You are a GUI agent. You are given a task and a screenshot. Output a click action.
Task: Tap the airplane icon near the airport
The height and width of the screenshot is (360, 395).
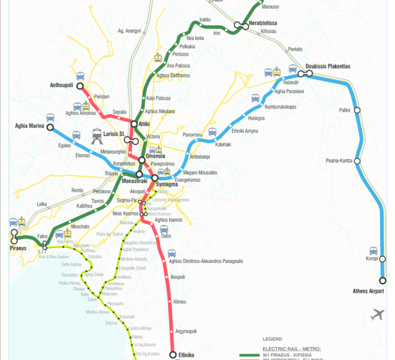click(x=377, y=315)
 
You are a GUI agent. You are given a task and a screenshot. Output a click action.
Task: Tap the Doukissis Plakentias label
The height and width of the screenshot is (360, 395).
click(x=328, y=66)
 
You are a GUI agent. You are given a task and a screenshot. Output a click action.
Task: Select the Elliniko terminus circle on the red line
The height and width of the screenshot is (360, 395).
click(x=173, y=355)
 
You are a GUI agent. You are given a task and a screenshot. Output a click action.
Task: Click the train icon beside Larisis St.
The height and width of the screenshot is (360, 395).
click(x=96, y=135)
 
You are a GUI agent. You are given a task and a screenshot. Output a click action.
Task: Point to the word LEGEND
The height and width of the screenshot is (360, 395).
click(x=272, y=339)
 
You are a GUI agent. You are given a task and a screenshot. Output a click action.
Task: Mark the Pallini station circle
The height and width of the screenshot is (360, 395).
click(x=356, y=111)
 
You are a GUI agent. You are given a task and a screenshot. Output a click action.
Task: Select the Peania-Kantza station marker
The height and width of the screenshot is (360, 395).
click(x=357, y=161)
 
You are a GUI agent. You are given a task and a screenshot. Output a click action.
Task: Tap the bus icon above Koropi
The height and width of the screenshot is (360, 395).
click(x=373, y=251)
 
